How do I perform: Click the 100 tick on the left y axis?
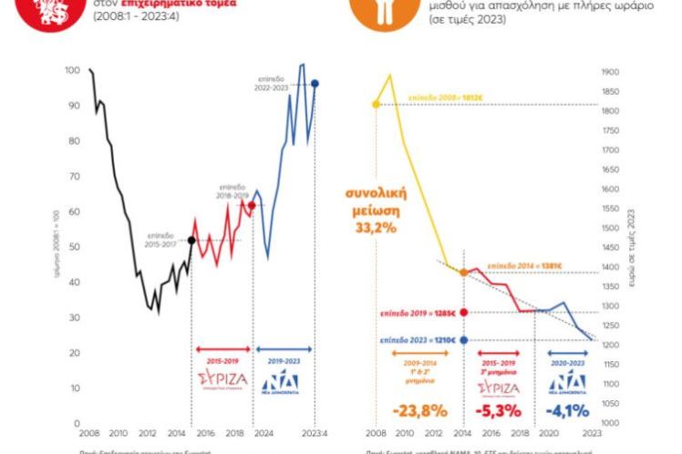tap(72, 70)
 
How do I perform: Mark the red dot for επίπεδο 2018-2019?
tap(253, 205)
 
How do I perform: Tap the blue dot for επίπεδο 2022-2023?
tap(315, 84)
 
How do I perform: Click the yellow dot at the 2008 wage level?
tap(375, 104)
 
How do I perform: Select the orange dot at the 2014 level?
tap(464, 273)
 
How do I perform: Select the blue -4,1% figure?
tap(565, 409)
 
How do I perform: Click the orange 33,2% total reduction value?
tap(376, 227)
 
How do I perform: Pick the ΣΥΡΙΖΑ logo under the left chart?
tap(222, 377)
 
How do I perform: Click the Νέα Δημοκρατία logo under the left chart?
tap(284, 377)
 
